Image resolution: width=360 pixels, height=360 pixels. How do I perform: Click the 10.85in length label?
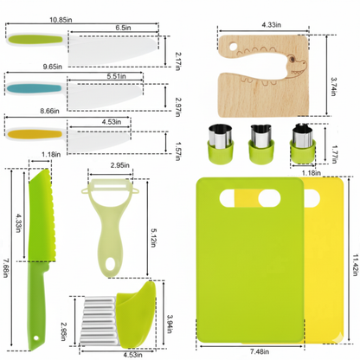(61, 20)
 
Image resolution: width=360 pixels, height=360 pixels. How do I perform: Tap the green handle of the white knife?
(35, 40)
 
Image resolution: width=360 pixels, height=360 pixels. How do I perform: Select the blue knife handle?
(34, 88)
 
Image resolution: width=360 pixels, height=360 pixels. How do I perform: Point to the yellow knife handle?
(35, 134)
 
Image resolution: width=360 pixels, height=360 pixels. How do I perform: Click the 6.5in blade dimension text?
(123, 28)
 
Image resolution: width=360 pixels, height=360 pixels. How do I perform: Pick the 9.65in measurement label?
(53, 67)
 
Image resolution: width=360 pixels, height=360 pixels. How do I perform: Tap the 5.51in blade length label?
(116, 76)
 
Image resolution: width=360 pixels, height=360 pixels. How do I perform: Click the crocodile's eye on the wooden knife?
(292, 60)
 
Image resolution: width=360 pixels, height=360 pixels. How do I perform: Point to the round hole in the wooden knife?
(233, 46)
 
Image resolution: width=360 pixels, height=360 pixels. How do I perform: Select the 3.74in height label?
(333, 87)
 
